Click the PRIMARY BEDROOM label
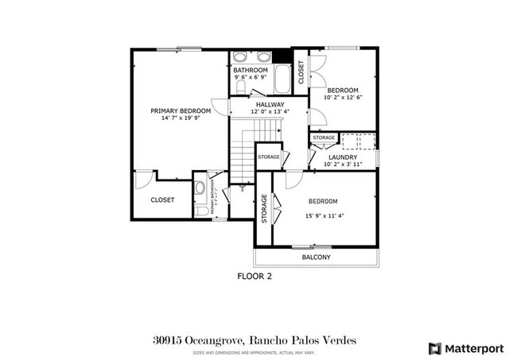[181, 110]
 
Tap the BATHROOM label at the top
[250, 70]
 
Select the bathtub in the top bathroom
[282, 79]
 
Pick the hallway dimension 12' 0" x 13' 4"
[270, 112]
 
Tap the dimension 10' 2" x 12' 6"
[343, 98]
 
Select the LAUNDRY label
[343, 157]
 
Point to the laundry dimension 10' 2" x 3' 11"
[343, 165]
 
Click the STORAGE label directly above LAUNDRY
[324, 138]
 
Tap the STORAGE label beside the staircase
[269, 157]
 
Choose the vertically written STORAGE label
[264, 208]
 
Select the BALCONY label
[316, 257]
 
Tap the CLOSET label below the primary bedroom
[162, 200]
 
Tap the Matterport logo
[464, 347]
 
